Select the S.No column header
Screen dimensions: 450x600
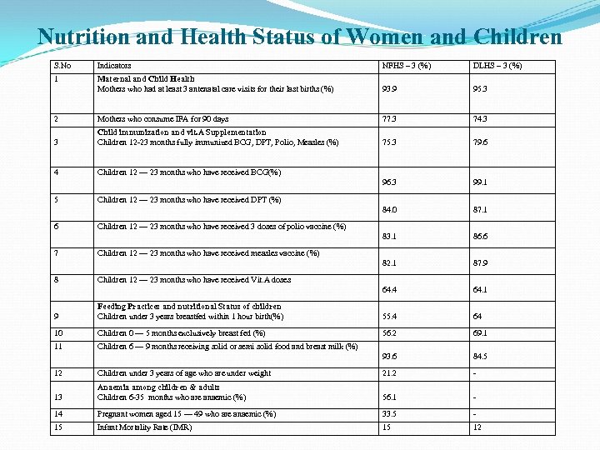coord(62,65)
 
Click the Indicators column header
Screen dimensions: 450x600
coord(114,65)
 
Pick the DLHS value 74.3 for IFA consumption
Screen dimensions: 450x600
coord(481,119)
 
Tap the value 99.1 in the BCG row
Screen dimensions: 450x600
coord(481,181)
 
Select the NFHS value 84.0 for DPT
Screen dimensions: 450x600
coord(389,209)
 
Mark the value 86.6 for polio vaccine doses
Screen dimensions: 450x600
coord(481,237)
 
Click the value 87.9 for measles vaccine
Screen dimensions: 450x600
coord(481,263)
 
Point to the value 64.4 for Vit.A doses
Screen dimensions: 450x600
coord(389,290)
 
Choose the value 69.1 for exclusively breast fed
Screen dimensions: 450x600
coord(481,332)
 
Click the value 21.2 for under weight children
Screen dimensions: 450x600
coord(389,373)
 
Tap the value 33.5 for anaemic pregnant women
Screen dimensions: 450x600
coord(389,413)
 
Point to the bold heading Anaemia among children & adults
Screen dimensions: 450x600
coord(158,387)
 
